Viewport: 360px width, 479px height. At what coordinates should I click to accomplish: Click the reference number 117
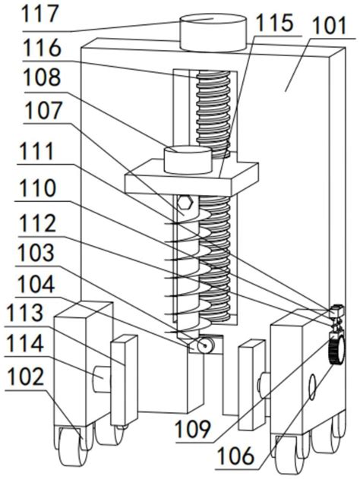[x=39, y=14]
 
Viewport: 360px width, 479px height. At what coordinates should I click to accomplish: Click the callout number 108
[x=43, y=77]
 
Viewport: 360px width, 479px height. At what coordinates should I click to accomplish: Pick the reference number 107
[x=43, y=110]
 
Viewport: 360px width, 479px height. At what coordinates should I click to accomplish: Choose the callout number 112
[x=37, y=223]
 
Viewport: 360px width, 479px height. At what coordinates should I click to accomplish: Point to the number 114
[x=25, y=344]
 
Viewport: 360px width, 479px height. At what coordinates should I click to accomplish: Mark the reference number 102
[x=26, y=377]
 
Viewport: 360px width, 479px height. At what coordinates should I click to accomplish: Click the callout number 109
[x=193, y=429]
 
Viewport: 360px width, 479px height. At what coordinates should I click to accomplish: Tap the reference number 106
[x=235, y=455]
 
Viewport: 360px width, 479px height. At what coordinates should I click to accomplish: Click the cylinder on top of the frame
[x=213, y=32]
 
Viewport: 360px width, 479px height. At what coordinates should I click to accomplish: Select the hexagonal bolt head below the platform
[x=185, y=203]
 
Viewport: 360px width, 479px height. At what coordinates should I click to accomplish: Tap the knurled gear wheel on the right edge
[x=336, y=348]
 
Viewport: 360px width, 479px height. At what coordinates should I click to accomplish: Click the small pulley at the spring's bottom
[x=205, y=345]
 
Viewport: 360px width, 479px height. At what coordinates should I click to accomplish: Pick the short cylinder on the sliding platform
[x=188, y=159]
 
